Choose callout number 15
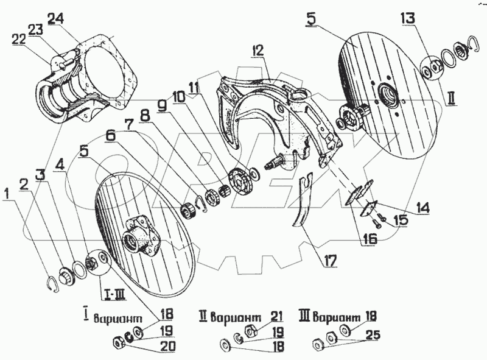click(x=402, y=219)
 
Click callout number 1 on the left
click(x=7, y=195)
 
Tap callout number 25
click(x=374, y=334)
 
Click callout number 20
click(x=167, y=347)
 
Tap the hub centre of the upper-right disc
click(x=386, y=94)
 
